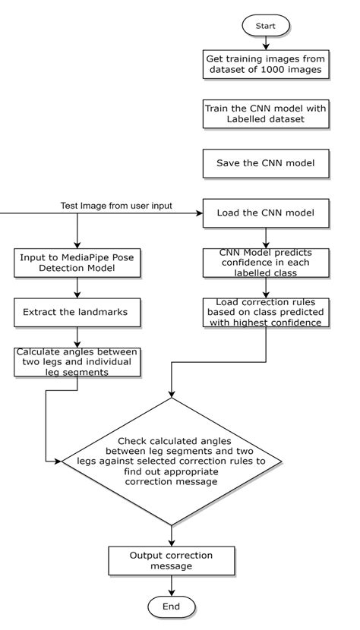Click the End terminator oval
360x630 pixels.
(x=171, y=606)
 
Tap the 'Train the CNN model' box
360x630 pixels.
(x=265, y=113)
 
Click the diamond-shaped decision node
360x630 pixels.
(x=172, y=460)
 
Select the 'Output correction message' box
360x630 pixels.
(x=171, y=560)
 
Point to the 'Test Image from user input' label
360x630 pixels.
(x=115, y=206)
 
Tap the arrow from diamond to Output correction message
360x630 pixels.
(x=171, y=534)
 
